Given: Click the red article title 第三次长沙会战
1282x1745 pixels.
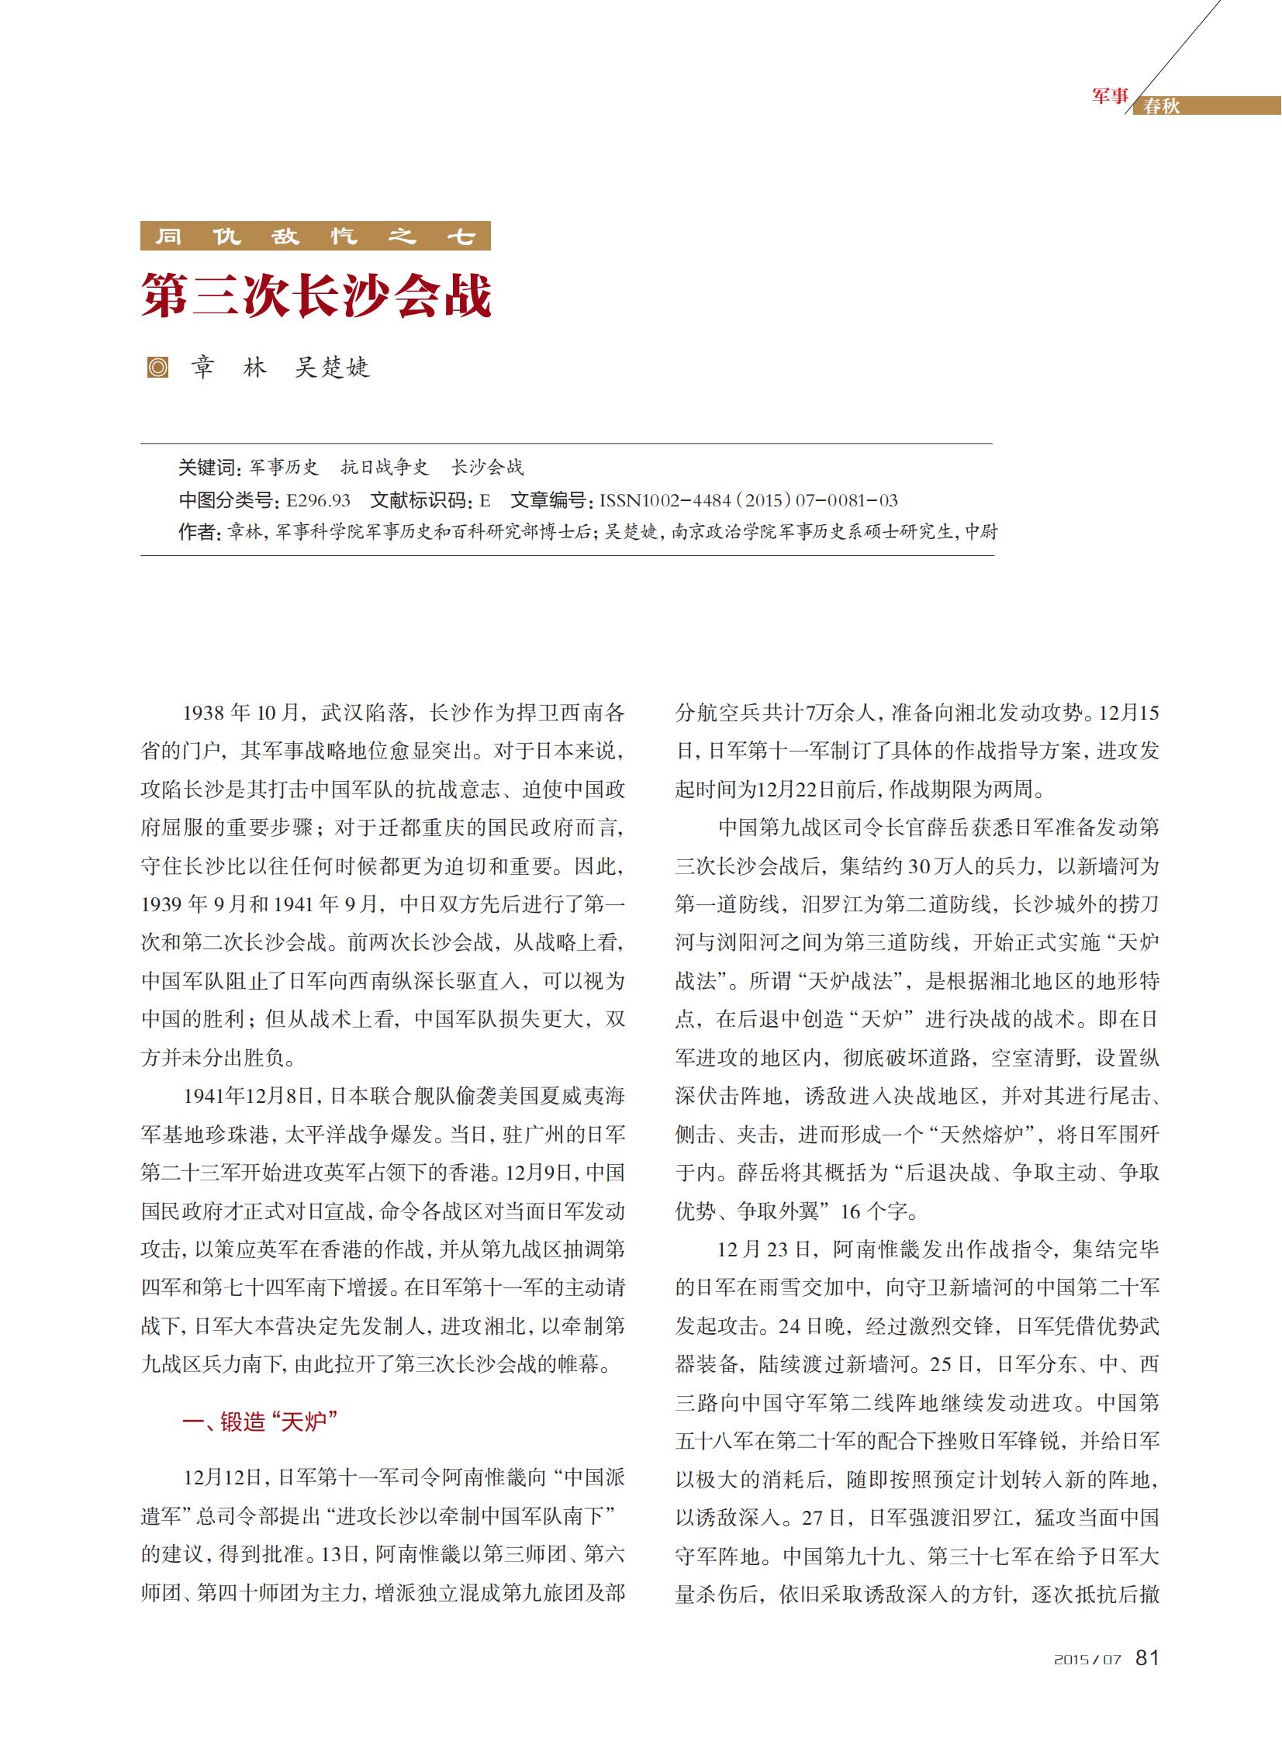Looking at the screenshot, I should pyautogui.click(x=316, y=295).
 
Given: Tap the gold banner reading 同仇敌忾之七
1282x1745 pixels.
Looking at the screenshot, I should pyautogui.click(x=315, y=236).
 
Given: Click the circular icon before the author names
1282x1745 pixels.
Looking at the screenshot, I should pyautogui.click(x=157, y=367).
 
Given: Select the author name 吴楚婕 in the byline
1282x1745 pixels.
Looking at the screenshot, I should pyautogui.click(x=332, y=367).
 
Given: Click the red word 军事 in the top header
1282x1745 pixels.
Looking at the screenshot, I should pyautogui.click(x=1110, y=96).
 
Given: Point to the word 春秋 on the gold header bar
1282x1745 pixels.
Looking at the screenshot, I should pyautogui.click(x=1161, y=106).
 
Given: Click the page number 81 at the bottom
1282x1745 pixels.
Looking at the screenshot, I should pyautogui.click(x=1147, y=1657).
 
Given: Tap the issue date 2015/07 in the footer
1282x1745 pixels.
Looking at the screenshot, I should pyautogui.click(x=1087, y=1660).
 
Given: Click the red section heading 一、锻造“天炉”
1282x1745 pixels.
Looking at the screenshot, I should pyautogui.click(x=259, y=1422).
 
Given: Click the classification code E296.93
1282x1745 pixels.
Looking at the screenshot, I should pyautogui.click(x=318, y=500).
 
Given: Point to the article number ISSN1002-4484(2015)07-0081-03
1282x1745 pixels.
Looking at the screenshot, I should pyautogui.click(x=748, y=500).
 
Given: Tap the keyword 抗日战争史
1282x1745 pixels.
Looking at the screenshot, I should pyautogui.click(x=384, y=467).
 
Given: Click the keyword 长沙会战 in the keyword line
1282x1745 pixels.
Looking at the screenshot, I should pyautogui.click(x=487, y=467).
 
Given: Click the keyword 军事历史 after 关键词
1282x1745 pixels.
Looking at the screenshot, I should pyautogui.click(x=284, y=467).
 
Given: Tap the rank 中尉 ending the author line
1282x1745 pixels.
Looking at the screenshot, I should pyautogui.click(x=981, y=532).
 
